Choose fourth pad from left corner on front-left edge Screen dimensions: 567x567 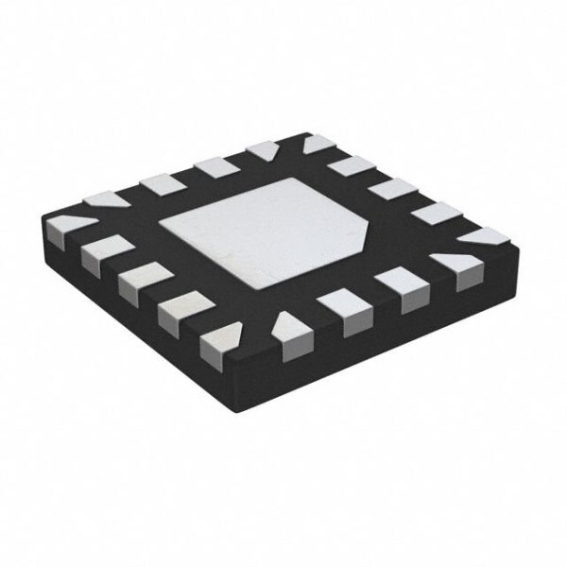180,312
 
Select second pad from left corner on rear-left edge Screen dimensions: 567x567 160,183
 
